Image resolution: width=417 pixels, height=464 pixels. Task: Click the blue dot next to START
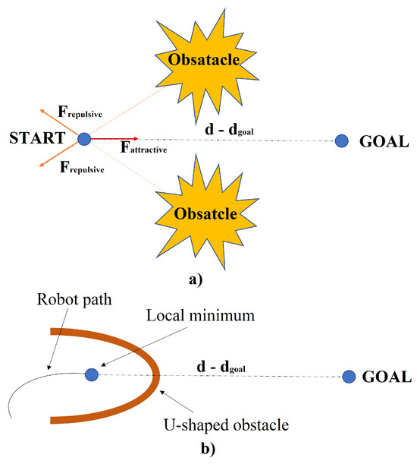coord(84,139)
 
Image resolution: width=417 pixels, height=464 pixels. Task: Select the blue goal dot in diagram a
coord(342,140)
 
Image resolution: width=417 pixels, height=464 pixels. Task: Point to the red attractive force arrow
coord(111,140)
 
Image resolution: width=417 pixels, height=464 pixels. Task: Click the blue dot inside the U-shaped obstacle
coord(92,374)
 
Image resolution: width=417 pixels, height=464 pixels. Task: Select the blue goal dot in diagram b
coord(350,376)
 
